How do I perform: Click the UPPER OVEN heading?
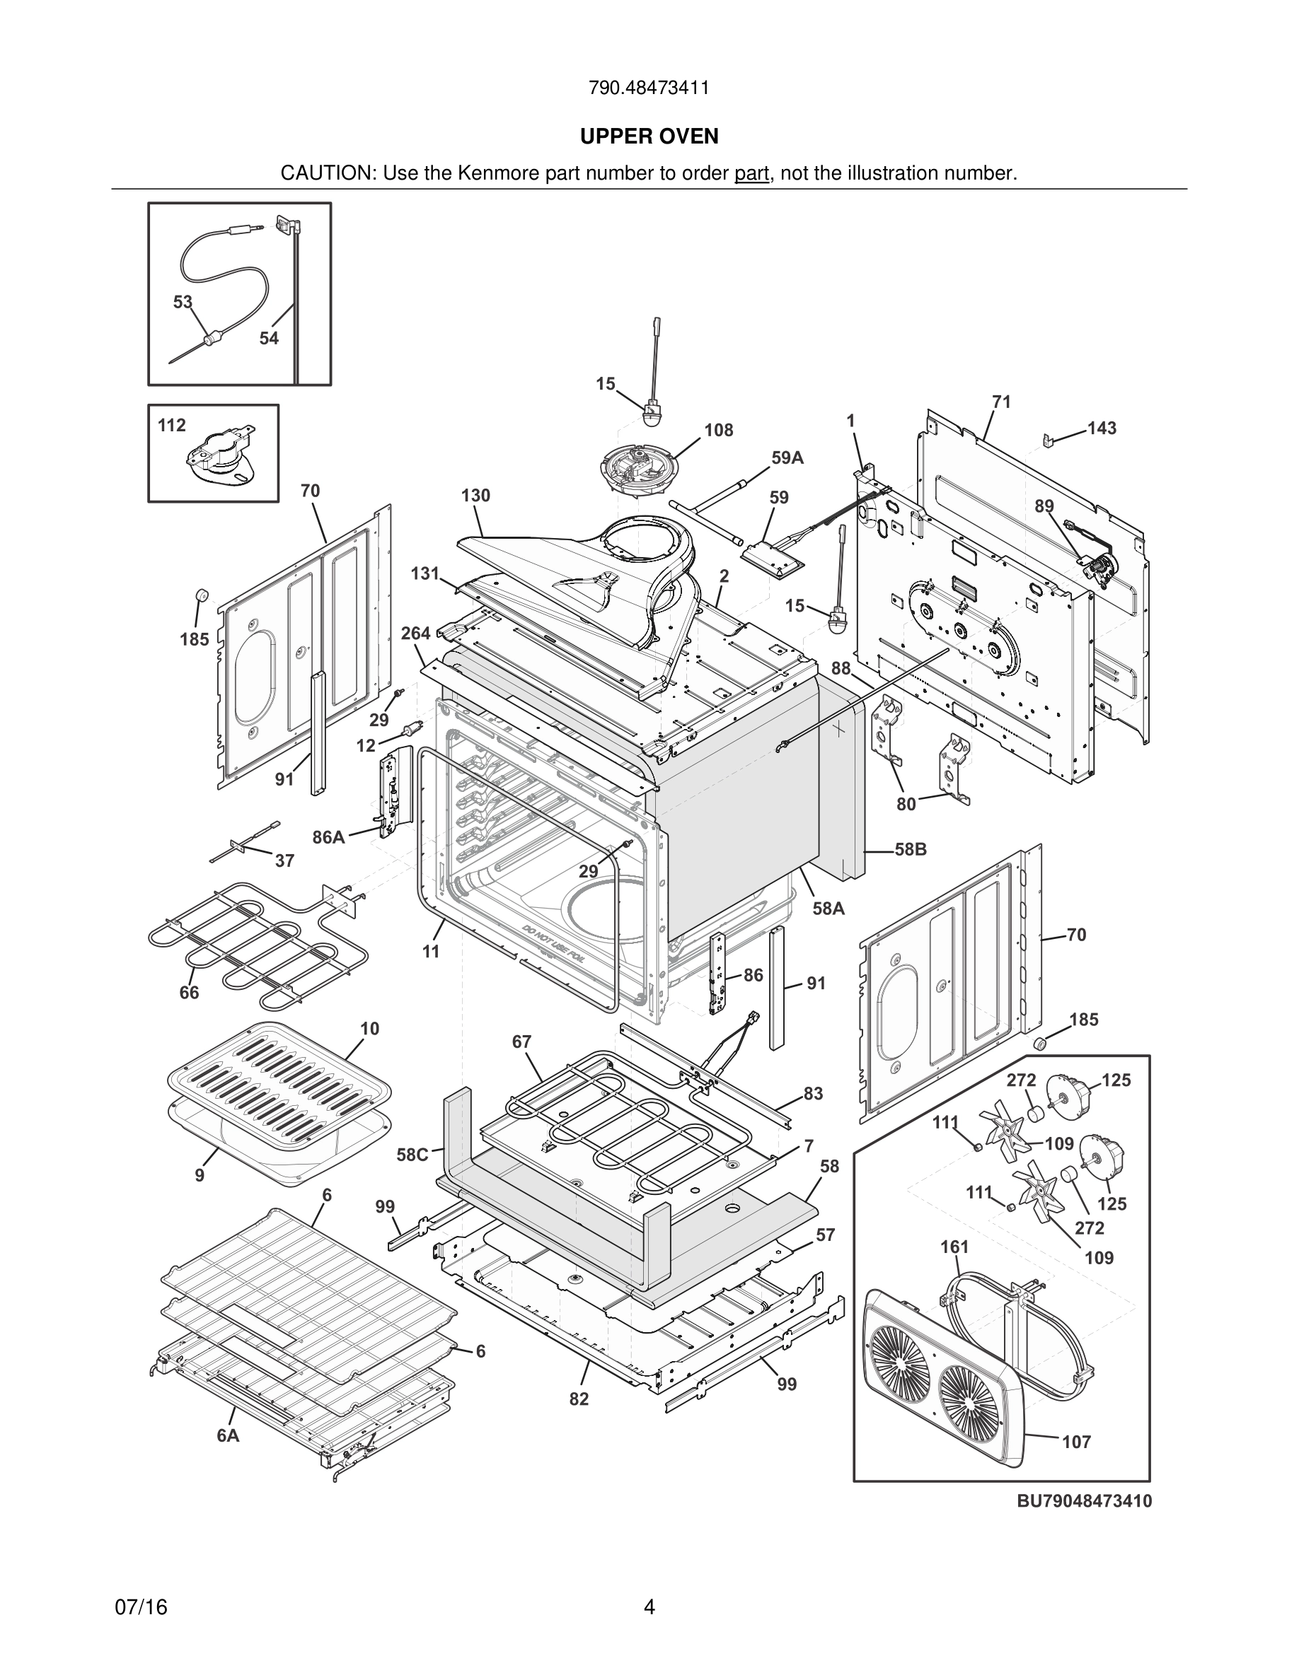click(649, 137)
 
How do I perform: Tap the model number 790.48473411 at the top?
click(649, 88)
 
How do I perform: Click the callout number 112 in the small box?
click(172, 426)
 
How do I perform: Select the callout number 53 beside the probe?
click(183, 303)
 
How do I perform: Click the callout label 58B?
click(911, 849)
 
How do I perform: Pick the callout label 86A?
click(328, 838)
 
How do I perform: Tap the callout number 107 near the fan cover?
click(1077, 1442)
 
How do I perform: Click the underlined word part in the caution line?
click(751, 174)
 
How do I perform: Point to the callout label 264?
click(415, 634)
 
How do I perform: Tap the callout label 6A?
click(228, 1435)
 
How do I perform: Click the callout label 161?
click(954, 1247)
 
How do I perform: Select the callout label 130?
click(475, 496)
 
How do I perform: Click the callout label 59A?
click(787, 458)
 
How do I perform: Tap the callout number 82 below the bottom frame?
click(579, 1399)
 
